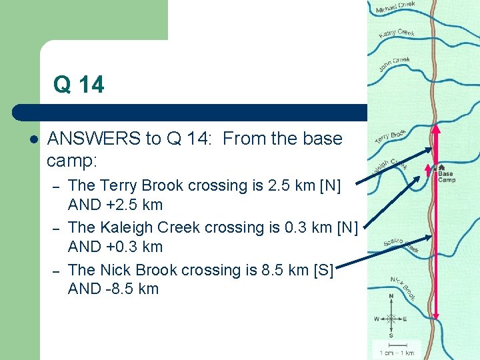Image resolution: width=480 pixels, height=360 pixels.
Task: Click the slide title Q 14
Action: [79, 85]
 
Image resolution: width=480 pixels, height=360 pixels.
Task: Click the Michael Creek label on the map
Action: [395, 7]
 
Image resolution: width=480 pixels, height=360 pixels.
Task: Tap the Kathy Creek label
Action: [396, 31]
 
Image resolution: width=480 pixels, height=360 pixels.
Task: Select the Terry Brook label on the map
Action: [390, 136]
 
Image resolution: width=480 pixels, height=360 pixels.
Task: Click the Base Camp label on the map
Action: [446, 177]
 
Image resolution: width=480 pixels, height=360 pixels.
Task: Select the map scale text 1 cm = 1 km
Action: [397, 352]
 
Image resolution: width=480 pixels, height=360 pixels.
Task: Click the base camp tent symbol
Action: [441, 167]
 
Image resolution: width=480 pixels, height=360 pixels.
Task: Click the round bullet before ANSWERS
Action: [33, 139]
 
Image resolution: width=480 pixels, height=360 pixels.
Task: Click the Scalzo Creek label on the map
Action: [400, 245]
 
